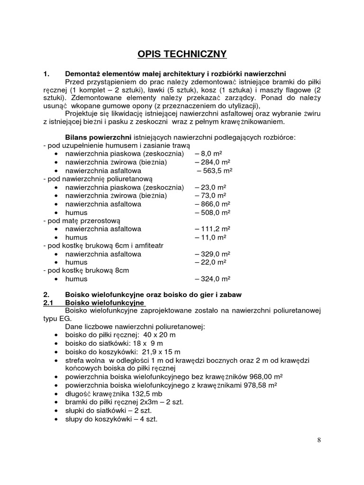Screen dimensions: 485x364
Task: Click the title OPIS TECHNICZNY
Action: point(182,54)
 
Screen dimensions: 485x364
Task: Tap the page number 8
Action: point(319,440)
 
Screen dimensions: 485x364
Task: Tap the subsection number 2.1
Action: point(48,303)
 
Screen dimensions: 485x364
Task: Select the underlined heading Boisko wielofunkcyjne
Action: point(104,303)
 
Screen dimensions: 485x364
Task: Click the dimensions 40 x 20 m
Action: point(145,335)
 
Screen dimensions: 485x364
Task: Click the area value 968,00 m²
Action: point(262,377)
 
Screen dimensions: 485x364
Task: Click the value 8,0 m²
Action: point(211,154)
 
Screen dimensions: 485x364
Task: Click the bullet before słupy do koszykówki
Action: point(56,419)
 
